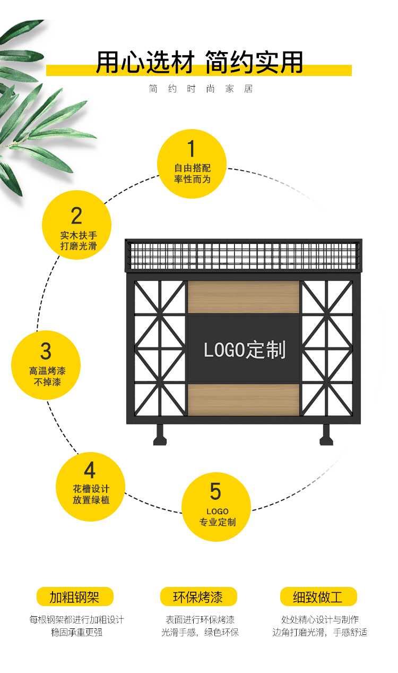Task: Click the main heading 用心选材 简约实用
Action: pos(199,63)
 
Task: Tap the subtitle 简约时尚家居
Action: pos(201,89)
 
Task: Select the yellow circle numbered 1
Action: pos(192,164)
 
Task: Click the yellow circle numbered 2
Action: pos(77,225)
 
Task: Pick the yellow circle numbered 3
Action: pos(46,365)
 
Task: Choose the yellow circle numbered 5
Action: pos(216,507)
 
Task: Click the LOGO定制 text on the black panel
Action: pos(245,350)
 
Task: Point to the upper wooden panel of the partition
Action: pos(244,297)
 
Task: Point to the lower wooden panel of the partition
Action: pos(244,399)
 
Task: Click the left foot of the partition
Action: pos(160,436)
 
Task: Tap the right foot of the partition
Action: pos(326,436)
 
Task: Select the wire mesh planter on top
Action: pos(243,255)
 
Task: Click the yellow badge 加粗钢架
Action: pos(75,597)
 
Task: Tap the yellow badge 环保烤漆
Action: pos(198,597)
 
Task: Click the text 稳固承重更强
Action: pos(76,632)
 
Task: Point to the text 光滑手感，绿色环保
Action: pos(200,632)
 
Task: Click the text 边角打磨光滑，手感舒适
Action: pos(319,632)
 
